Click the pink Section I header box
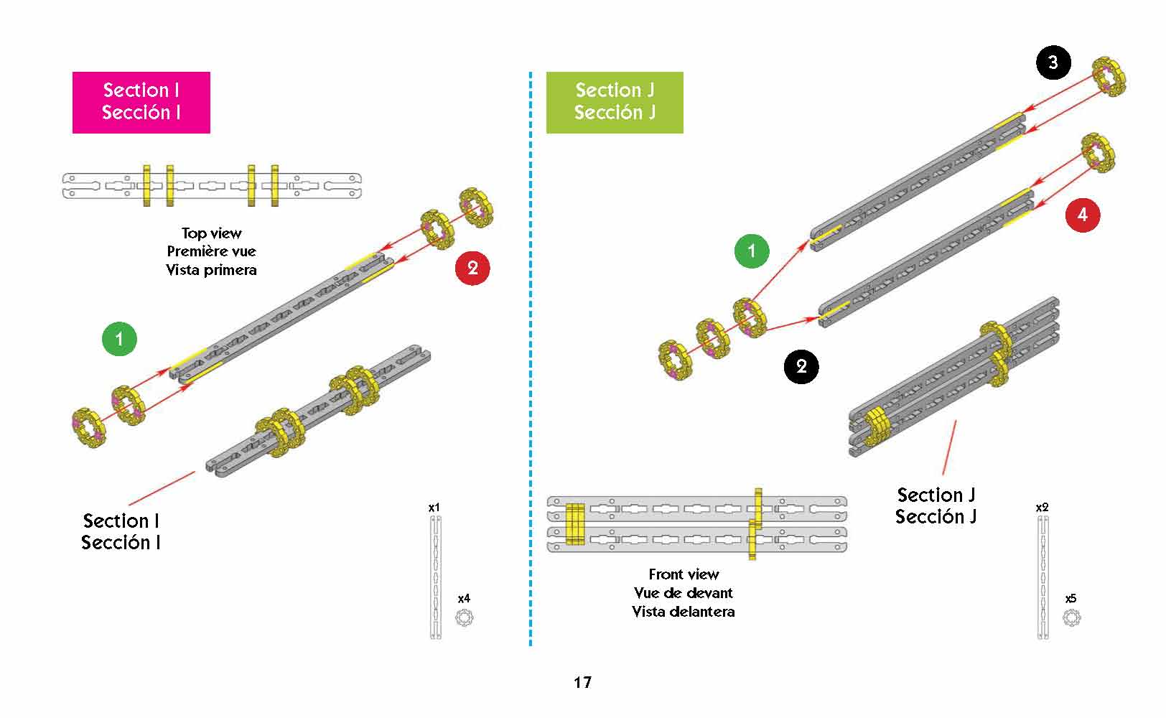[141, 102]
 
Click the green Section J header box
[615, 102]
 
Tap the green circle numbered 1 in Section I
[119, 338]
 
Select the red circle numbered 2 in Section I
[472, 268]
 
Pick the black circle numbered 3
[1053, 62]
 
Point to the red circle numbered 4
[1083, 214]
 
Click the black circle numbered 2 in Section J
[801, 366]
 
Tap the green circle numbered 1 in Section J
[752, 251]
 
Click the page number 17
[582, 682]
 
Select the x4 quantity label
[465, 598]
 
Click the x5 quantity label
[1071, 598]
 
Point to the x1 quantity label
[434, 508]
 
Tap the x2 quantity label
[1042, 508]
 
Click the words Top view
[212, 233]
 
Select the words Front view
[684, 574]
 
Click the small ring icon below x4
[465, 617]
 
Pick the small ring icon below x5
[1071, 617]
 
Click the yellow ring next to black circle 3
[1109, 77]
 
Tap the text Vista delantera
[684, 612]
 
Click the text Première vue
[212, 251]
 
